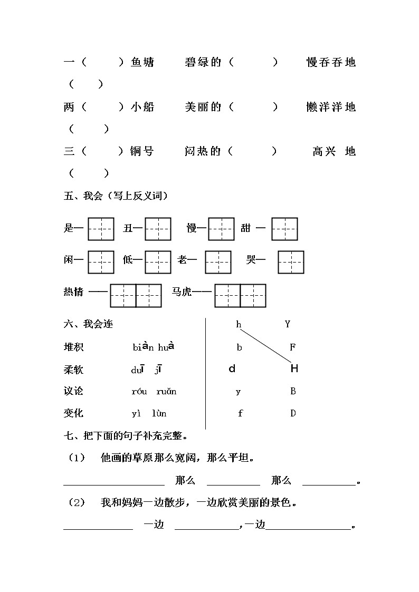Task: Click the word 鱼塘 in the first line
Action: (142, 63)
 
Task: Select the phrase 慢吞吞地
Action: (331, 63)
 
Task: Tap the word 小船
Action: (142, 108)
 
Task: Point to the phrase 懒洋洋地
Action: (331, 108)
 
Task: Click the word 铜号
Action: (142, 152)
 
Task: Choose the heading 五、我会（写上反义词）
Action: (116, 197)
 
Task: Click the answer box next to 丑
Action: (158, 229)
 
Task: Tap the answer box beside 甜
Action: (284, 229)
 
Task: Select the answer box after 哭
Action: (291, 261)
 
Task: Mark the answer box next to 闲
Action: (101, 261)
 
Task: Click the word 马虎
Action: (182, 292)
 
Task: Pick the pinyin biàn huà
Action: (153, 347)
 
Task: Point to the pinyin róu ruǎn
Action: (154, 392)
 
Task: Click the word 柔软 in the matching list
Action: (73, 370)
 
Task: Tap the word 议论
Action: (73, 391)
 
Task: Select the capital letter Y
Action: (288, 325)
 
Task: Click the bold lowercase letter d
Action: (232, 369)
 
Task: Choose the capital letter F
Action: (293, 347)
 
